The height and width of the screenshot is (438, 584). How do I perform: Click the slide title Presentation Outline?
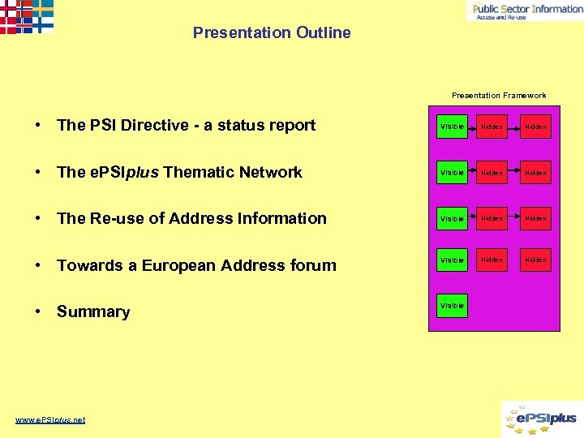point(272,33)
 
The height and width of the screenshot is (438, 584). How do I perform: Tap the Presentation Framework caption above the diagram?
point(499,96)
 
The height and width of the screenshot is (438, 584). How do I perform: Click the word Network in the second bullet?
point(272,172)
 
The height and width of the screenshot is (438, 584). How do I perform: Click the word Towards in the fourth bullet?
point(87,265)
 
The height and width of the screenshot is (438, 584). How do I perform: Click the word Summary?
point(93,312)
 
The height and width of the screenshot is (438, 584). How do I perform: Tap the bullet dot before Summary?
point(38,312)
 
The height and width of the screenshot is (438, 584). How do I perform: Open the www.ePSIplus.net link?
point(50,419)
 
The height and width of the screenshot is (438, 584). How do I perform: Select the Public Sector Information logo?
point(525,10)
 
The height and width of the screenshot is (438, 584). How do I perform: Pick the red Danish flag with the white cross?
point(7,24)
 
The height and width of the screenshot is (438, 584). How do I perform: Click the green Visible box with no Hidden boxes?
point(452,306)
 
